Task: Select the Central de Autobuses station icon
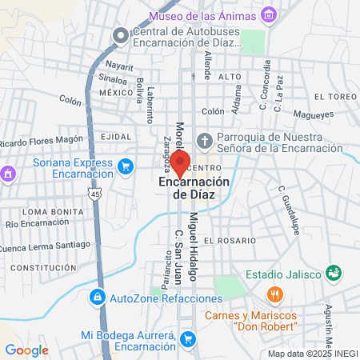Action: pos(121,36)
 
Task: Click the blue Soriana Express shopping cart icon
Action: pos(125,166)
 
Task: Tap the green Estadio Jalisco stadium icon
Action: pos(334,274)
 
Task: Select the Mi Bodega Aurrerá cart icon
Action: pos(187,340)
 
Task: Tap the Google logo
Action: pos(26,350)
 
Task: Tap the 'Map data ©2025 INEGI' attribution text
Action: pos(313,353)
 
